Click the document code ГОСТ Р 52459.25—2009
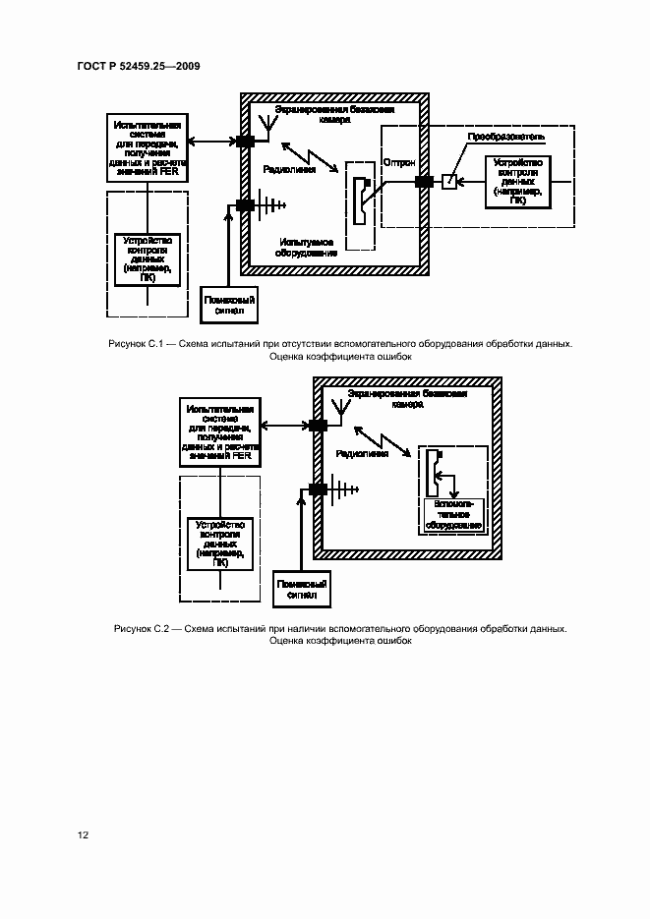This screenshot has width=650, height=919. [x=138, y=66]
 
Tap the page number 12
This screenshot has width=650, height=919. [x=84, y=834]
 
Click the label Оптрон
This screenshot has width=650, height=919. [x=398, y=161]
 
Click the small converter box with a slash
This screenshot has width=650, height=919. [x=448, y=181]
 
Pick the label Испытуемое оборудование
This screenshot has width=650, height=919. [x=307, y=246]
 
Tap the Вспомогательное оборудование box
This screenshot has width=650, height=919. [x=452, y=513]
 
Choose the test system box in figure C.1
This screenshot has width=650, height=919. [x=146, y=148]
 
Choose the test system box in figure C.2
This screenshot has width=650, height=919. [x=219, y=432]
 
